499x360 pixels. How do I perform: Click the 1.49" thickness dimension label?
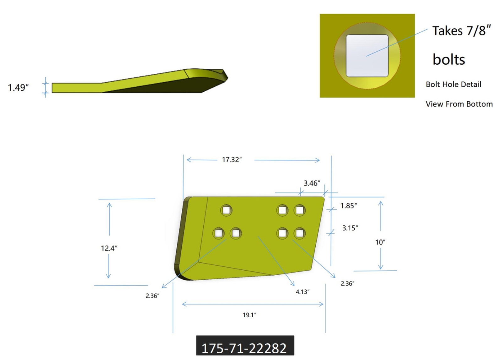[18, 88]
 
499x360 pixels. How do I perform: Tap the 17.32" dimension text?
[232, 159]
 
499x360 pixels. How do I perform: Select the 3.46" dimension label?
[312, 183]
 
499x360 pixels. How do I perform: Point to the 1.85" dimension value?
[349, 206]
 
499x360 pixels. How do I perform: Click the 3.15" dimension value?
[350, 228]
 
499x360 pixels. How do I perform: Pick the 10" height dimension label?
[380, 242]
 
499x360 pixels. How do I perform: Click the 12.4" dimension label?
[109, 248]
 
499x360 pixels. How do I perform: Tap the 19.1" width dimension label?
[249, 315]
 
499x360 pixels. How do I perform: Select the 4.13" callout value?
[303, 292]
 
